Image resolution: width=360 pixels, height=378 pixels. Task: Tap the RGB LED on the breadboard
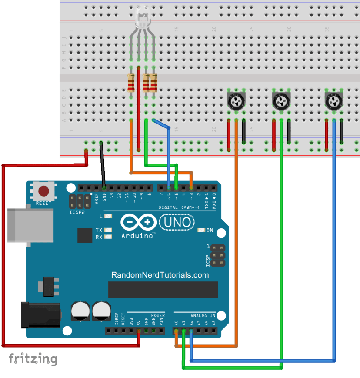click(142, 18)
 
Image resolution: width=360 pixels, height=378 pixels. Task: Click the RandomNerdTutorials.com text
click(160, 275)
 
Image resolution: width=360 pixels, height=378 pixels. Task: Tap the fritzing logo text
click(33, 359)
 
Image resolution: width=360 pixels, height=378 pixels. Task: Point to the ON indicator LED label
click(209, 230)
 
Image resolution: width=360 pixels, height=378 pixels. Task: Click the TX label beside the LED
click(99, 230)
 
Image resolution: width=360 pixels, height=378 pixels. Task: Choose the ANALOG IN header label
click(203, 315)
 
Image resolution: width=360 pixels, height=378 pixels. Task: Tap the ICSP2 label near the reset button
click(77, 213)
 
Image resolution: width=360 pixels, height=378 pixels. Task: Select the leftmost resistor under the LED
click(131, 83)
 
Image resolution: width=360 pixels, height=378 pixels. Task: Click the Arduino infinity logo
click(138, 222)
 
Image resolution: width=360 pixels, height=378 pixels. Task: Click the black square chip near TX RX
click(84, 235)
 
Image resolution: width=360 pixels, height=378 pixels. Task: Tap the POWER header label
click(158, 315)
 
